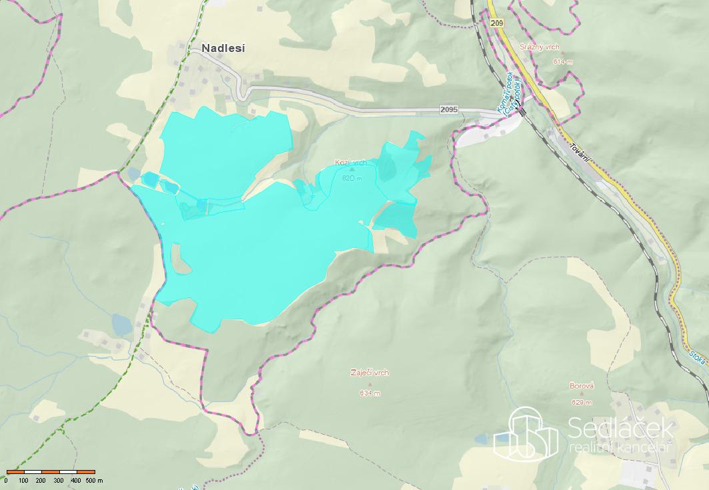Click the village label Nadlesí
click(x=223, y=48)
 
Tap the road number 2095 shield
click(x=449, y=109)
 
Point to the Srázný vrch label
click(x=539, y=47)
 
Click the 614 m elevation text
click(x=562, y=61)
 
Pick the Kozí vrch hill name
click(x=351, y=163)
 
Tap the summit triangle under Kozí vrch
click(x=352, y=171)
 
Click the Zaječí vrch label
click(x=369, y=373)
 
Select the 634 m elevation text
click(x=370, y=393)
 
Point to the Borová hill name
click(x=582, y=386)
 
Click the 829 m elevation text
click(x=582, y=402)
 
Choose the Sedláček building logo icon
click(x=525, y=433)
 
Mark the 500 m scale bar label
click(x=94, y=480)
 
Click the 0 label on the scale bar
click(x=6, y=480)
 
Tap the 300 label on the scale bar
click(x=58, y=480)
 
